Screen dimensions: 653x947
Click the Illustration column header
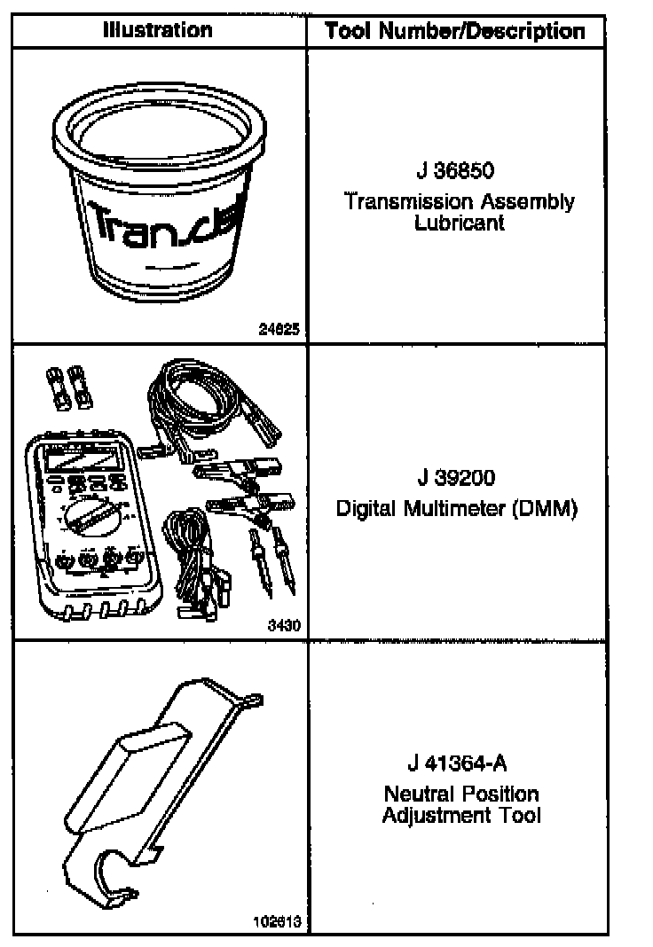[158, 30]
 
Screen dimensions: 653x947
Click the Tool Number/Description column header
[455, 32]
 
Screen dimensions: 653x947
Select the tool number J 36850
[455, 169]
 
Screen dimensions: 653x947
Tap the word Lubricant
[459, 223]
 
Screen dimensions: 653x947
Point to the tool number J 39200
[456, 479]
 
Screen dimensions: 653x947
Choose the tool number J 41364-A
[458, 763]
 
